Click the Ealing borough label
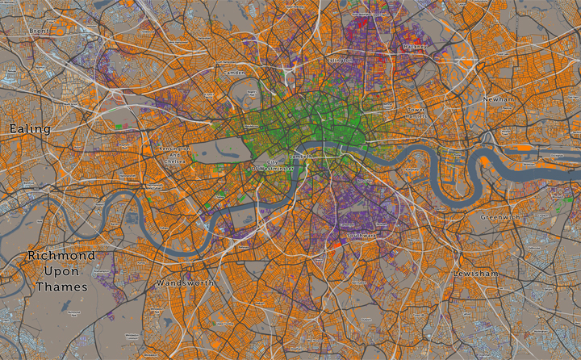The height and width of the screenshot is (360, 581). pyautogui.click(x=30, y=128)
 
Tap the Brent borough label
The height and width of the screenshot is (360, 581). pyautogui.click(x=39, y=31)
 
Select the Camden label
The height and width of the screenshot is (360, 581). pyautogui.click(x=234, y=73)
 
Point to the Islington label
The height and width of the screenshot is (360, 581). pyautogui.click(x=340, y=61)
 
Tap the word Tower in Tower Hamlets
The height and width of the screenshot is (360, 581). pyautogui.click(x=416, y=109)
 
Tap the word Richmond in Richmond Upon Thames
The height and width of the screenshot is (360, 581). pyautogui.click(x=61, y=255)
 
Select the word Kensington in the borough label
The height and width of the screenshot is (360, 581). pyautogui.click(x=174, y=149)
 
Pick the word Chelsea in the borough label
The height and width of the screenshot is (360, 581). pyautogui.click(x=177, y=161)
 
